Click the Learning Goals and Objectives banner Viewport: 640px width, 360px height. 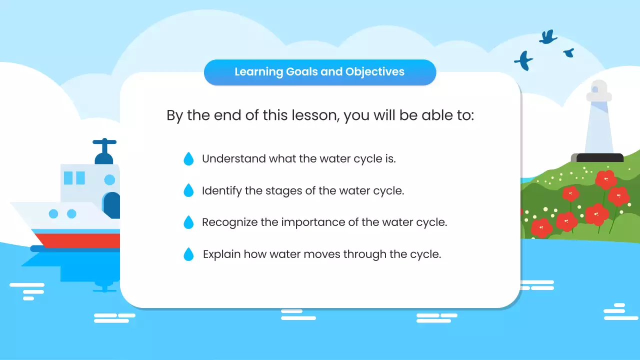[320, 72]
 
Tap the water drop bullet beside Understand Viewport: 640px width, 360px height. [188, 159]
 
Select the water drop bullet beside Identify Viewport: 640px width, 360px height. [188, 190]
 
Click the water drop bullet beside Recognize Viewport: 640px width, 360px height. [188, 222]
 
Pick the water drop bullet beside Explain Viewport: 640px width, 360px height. [188, 254]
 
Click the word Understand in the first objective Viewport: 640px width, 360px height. [233, 159]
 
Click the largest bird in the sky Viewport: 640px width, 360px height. [524, 60]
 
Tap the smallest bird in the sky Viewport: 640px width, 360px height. [568, 52]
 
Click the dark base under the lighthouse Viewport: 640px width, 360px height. [599, 157]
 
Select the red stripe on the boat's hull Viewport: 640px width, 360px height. [80, 240]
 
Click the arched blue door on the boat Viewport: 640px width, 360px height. [112, 204]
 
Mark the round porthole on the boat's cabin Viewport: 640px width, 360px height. [109, 179]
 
